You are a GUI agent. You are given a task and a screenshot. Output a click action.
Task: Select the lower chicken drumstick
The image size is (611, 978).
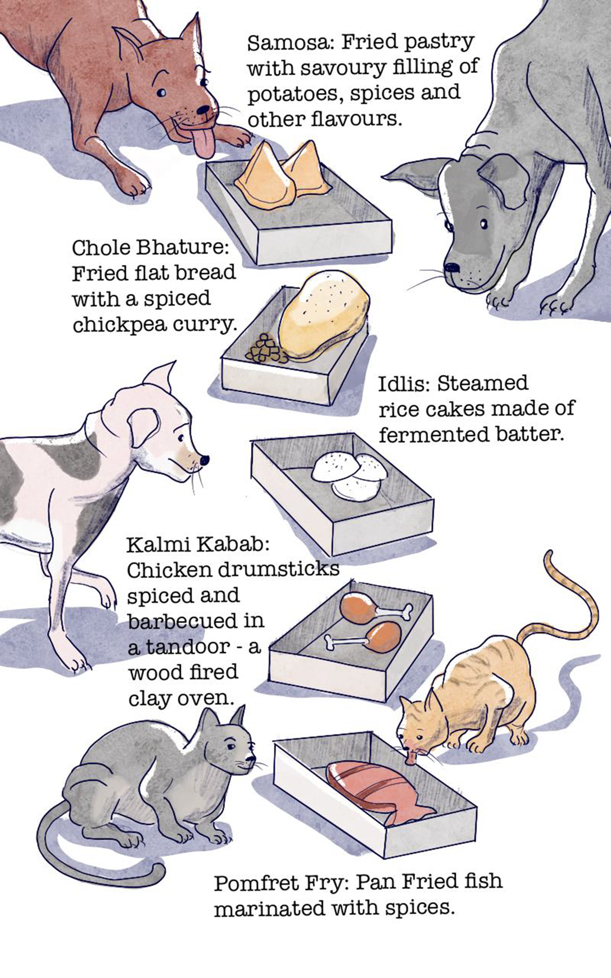(364, 637)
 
